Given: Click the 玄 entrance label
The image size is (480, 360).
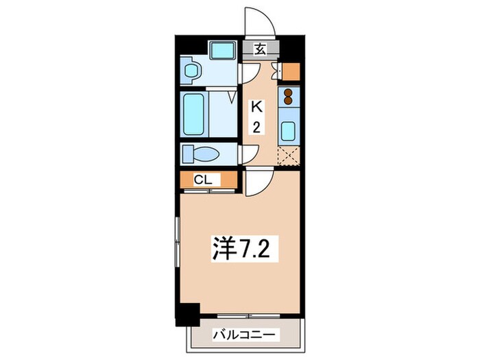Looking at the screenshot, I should point(261,49).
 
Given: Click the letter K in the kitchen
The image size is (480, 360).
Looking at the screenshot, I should point(256,107).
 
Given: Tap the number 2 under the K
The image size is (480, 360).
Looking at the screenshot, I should point(256,127).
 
